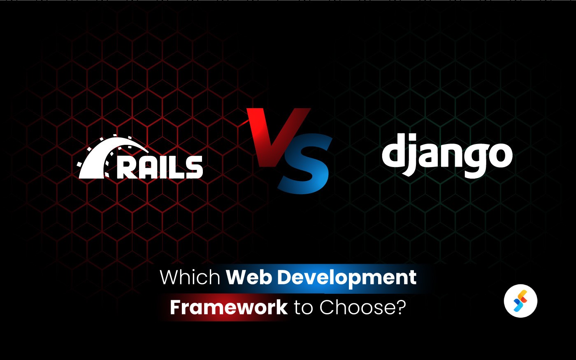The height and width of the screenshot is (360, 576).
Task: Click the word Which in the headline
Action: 190,277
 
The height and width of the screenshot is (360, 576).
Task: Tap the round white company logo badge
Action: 521,301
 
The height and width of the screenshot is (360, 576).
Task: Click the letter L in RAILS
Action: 177,167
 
